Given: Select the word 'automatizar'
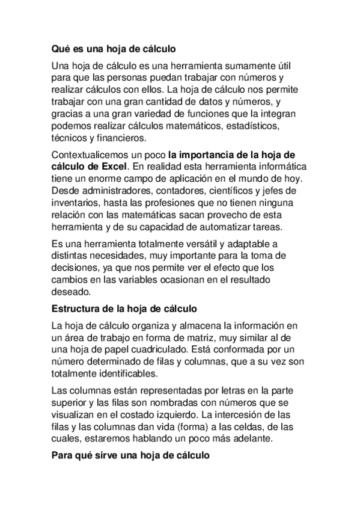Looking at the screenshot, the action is click(x=234, y=228).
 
